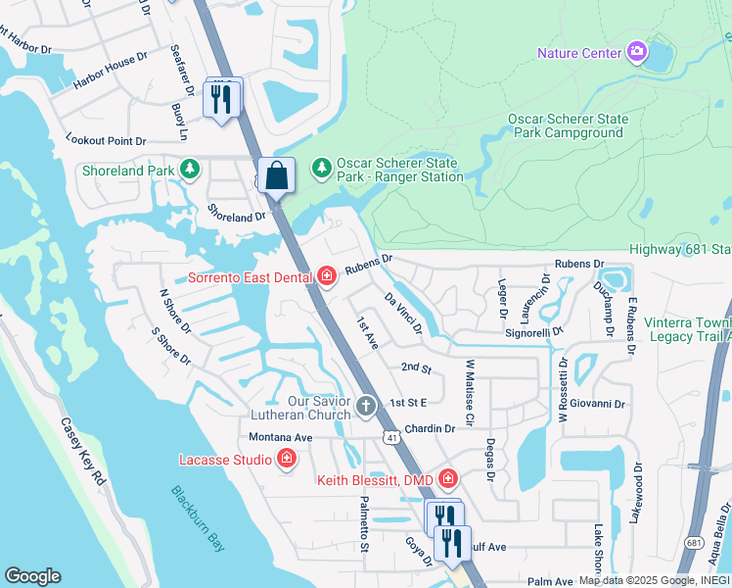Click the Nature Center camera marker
click(x=637, y=51)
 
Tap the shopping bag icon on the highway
click(x=277, y=176)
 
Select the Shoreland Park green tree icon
click(x=190, y=170)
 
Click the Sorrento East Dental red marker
click(x=325, y=277)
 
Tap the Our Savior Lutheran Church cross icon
click(x=366, y=406)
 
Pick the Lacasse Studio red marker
click(x=287, y=459)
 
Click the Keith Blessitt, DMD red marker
click(x=448, y=479)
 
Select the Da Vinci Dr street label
click(x=402, y=313)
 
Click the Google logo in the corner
click(x=33, y=576)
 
